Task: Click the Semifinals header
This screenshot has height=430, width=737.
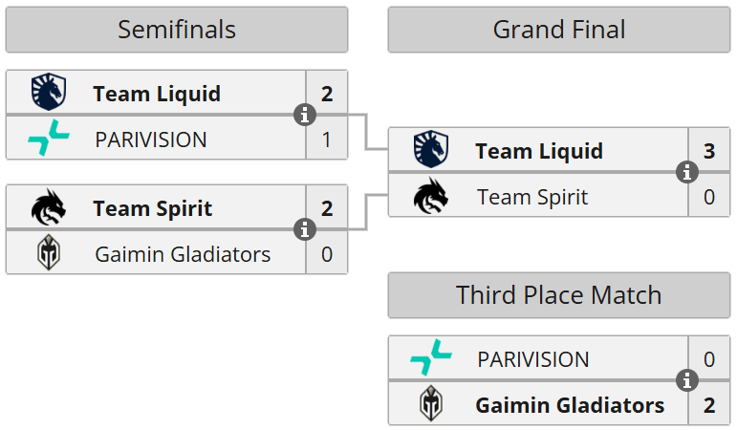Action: pos(177,30)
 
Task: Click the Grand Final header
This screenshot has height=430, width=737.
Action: pos(559,30)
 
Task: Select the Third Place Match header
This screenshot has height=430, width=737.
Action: pos(559,294)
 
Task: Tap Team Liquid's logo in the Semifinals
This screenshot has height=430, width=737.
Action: pos(47,93)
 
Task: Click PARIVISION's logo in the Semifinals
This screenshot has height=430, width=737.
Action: pos(47,140)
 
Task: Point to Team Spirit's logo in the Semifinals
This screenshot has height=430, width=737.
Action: pos(47,207)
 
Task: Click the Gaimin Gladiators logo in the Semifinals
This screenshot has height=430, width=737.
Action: pos(47,254)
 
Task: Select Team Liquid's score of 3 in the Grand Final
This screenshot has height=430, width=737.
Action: pos(708,151)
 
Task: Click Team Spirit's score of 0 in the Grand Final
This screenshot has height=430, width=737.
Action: pos(708,197)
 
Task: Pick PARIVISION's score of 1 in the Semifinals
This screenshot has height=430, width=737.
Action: pos(327,140)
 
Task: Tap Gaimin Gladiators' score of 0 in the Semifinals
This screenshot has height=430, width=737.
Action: pos(327,254)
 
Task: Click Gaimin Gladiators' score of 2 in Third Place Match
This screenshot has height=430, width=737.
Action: pos(708,405)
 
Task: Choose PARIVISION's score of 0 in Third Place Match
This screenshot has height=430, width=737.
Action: pos(708,359)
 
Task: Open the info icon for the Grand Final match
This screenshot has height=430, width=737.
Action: pos(687,173)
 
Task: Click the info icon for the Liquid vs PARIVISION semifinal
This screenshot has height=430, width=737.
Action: pos(305,116)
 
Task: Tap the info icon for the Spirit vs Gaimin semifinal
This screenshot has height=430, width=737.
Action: pos(305,230)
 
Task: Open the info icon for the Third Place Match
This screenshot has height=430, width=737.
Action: pos(687,382)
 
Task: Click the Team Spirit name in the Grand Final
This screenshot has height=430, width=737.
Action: pos(531,197)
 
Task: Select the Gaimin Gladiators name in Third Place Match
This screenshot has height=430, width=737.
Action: pos(570,405)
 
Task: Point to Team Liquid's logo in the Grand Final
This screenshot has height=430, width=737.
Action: pos(429,151)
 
